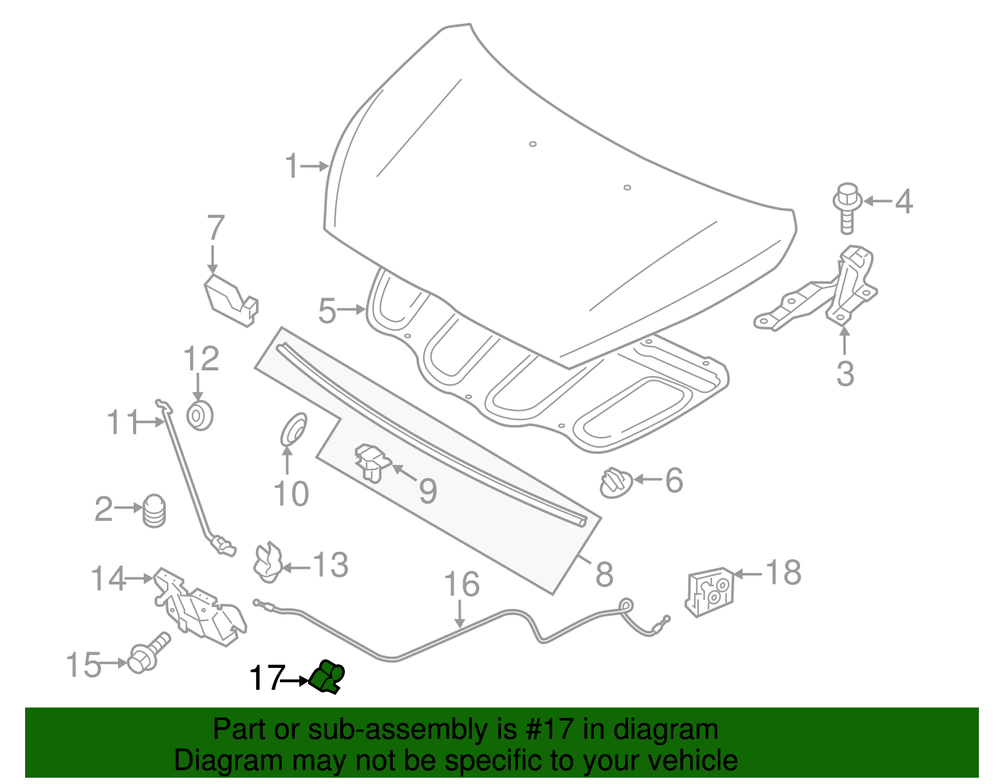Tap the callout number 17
266,678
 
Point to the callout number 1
291,166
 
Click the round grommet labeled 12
200,416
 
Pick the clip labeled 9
373,463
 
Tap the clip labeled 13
268,561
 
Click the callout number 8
604,573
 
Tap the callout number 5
327,311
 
